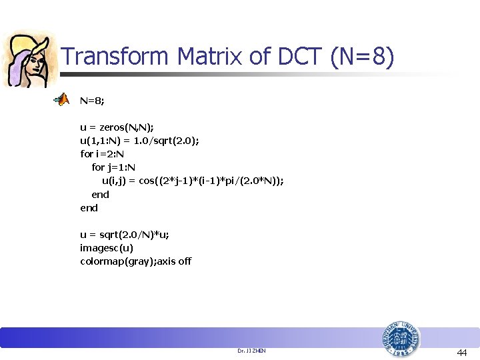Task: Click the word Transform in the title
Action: [116, 57]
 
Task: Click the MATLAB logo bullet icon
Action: [61, 101]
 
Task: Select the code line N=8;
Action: [92, 101]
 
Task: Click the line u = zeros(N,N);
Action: [117, 127]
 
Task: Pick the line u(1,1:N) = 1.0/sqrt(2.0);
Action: [139, 141]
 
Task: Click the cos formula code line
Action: [192, 181]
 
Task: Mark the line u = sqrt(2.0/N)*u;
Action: [125, 234]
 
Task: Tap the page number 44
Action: [462, 352]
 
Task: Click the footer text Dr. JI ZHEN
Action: [251, 350]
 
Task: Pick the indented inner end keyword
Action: [100, 194]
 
